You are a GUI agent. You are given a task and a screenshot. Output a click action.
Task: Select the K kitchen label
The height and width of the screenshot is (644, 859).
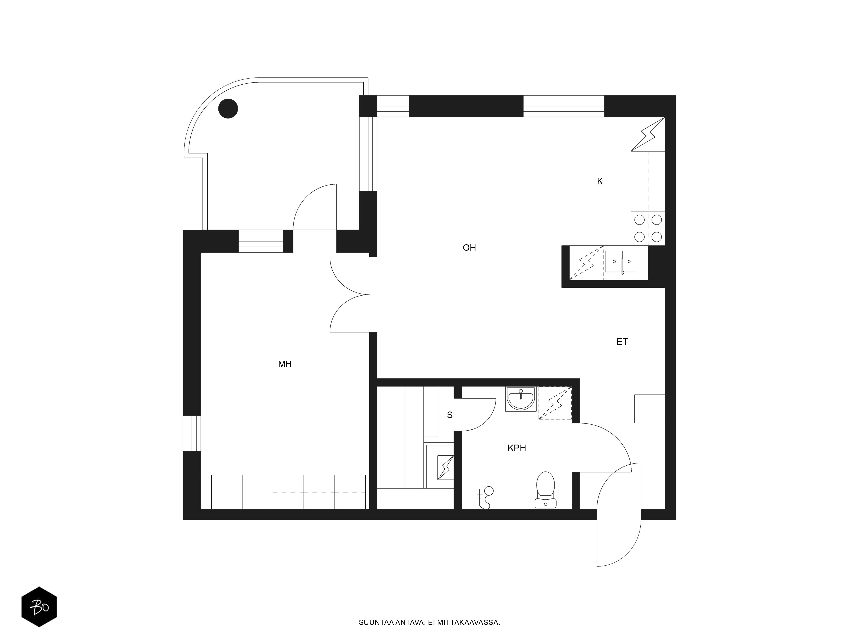[x=600, y=181]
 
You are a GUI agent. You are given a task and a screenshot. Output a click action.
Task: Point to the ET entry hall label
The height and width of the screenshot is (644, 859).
[x=622, y=342]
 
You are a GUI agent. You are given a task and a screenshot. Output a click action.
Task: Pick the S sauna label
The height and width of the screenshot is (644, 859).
[x=450, y=415]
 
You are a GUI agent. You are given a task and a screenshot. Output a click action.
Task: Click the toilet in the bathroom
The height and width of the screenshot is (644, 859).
[x=546, y=490]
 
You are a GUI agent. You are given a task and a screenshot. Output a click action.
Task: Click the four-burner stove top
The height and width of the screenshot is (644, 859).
[x=648, y=228]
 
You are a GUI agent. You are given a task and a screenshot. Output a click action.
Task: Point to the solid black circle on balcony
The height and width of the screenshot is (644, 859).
[x=228, y=109]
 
